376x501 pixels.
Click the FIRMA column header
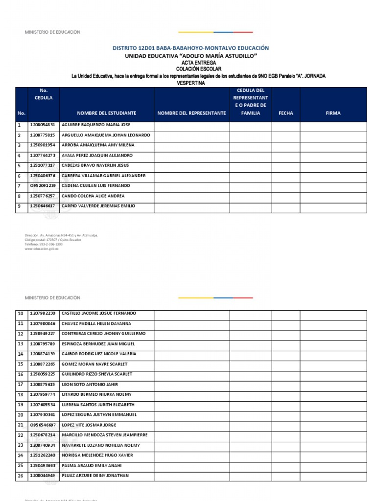pos(333,113)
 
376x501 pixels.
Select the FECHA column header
pos(285,113)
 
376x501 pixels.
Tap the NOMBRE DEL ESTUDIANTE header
pos(106,113)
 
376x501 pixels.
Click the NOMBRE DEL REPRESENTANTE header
pos(191,113)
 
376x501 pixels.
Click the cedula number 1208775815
pos(43,135)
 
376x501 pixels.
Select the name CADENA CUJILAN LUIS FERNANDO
pos(95,186)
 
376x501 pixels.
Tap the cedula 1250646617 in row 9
pos(43,206)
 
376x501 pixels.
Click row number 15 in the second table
pos(21,364)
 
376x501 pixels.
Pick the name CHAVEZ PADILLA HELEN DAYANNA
pos(96,323)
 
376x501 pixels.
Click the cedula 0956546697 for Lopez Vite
pos(43,425)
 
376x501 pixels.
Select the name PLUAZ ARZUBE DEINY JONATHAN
pos(95,476)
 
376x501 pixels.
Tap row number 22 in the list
pos(21,435)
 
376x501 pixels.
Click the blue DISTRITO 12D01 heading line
pos(191,48)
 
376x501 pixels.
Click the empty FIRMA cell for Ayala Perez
pos(333,156)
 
